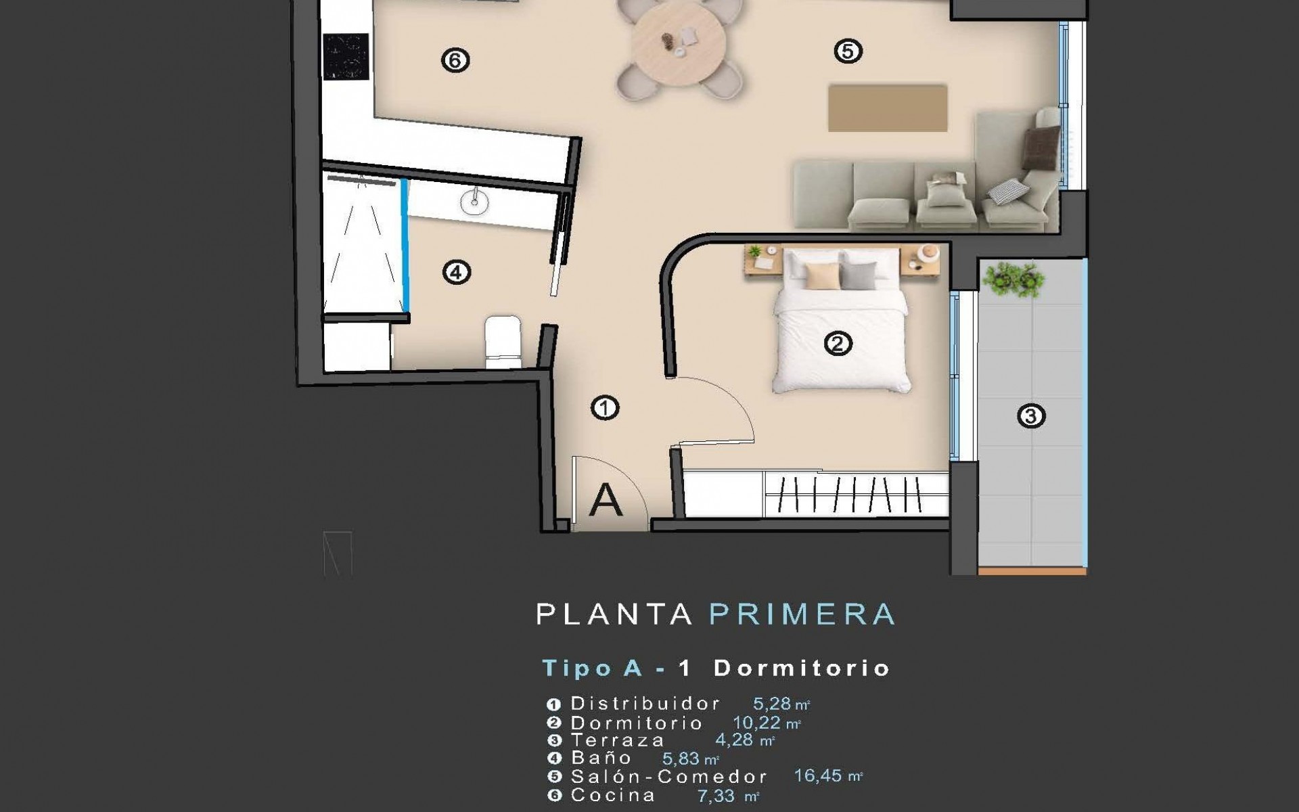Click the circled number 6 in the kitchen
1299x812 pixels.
pyautogui.click(x=455, y=60)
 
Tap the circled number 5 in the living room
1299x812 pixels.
pyautogui.click(x=848, y=51)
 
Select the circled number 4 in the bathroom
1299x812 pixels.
pyautogui.click(x=456, y=273)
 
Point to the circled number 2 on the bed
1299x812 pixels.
pyautogui.click(x=838, y=344)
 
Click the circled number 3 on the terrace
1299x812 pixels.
pyautogui.click(x=1031, y=415)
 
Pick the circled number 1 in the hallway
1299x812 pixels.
pyautogui.click(x=605, y=407)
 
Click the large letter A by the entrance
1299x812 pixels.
pyautogui.click(x=606, y=501)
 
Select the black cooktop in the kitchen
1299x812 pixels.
pyautogui.click(x=346, y=57)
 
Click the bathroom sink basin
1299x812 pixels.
pyautogui.click(x=475, y=200)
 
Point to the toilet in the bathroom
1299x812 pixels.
pyautogui.click(x=503, y=342)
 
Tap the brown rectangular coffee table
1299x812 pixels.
pyautogui.click(x=887, y=108)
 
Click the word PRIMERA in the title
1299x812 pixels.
pyautogui.click(x=802, y=614)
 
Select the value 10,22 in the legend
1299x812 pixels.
pyautogui.click(x=756, y=723)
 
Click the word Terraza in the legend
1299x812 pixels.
pyautogui.click(x=617, y=740)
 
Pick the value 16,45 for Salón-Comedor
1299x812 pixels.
pyautogui.click(x=817, y=775)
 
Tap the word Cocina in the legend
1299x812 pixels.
pyautogui.click(x=613, y=795)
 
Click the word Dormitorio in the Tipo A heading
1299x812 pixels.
pyautogui.click(x=802, y=669)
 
